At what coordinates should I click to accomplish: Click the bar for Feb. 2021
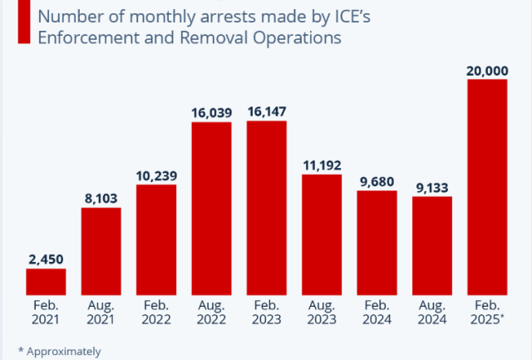(x=46, y=281)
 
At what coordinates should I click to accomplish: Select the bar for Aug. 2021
(x=101, y=250)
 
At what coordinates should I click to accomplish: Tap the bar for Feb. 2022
(x=156, y=239)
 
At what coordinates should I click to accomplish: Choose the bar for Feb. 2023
(x=267, y=207)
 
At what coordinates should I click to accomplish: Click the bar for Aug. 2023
(x=322, y=234)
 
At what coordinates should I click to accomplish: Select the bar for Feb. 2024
(x=377, y=242)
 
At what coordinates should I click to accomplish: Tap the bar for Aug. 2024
(x=432, y=245)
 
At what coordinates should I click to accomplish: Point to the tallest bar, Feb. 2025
(x=487, y=187)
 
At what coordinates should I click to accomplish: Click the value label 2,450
(x=46, y=259)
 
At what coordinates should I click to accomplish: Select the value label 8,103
(x=101, y=198)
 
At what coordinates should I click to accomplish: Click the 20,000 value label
(x=487, y=70)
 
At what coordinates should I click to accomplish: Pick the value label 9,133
(x=432, y=187)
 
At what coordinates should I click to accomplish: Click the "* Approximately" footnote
(x=59, y=350)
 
